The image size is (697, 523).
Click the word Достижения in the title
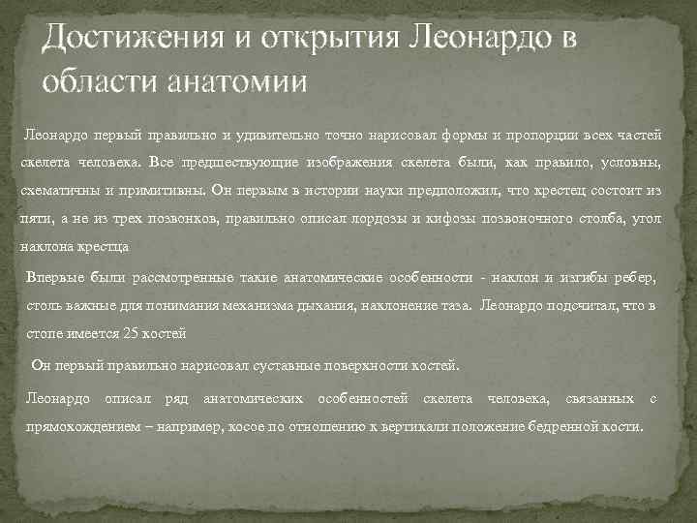(x=122, y=40)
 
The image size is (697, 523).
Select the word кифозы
(x=442, y=219)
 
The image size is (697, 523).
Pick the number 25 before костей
(x=131, y=334)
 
